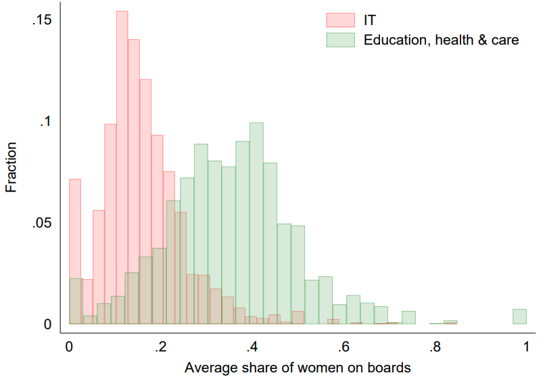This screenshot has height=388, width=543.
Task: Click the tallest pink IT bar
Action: coord(122,169)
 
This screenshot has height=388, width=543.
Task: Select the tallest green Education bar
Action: coord(256,223)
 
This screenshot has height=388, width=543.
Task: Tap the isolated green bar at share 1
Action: coord(519,317)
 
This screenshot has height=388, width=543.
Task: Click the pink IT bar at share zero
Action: coord(75,230)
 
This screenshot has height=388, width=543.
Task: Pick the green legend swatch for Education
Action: coord(340,40)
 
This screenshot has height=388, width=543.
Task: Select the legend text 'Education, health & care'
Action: coord(441,40)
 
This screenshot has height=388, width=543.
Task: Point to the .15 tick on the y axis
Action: coord(42,20)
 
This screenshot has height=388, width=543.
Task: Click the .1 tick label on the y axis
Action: coord(45,122)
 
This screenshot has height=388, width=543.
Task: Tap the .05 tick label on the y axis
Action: coord(42,223)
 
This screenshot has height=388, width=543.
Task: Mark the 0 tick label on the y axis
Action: coord(48,325)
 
